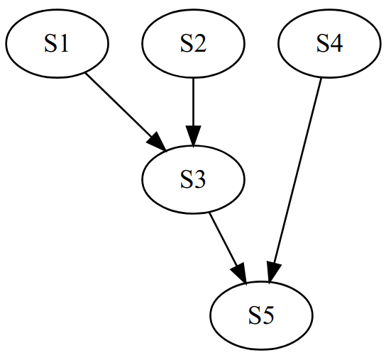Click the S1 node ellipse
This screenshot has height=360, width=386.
click(x=57, y=43)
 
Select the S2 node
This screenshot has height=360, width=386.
click(x=193, y=43)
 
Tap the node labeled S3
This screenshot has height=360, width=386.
click(x=193, y=179)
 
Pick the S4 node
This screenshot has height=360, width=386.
click(x=329, y=43)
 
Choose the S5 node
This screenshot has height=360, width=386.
click(x=261, y=315)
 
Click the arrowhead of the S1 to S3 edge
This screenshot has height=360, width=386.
click(x=158, y=142)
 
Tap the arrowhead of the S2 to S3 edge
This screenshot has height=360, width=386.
click(x=193, y=137)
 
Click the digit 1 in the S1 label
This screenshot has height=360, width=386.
click(x=63, y=43)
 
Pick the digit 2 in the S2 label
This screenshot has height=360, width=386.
click(x=199, y=43)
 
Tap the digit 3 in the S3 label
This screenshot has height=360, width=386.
click(x=199, y=180)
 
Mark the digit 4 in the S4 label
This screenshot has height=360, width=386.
click(x=336, y=43)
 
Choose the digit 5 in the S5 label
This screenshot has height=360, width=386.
click(x=268, y=316)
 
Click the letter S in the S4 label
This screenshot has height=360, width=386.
click(x=323, y=43)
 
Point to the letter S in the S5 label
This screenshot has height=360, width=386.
click(x=255, y=316)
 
